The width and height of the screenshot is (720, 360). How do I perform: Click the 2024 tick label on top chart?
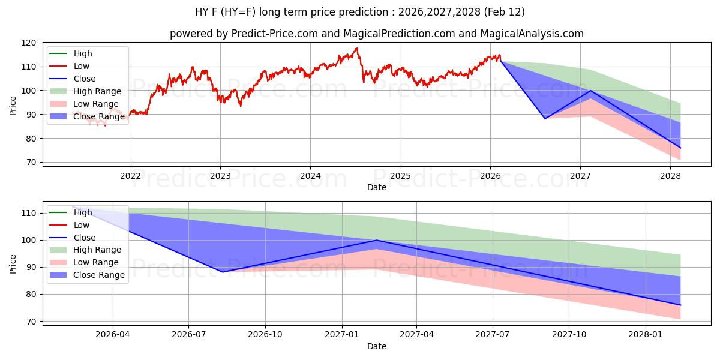(310, 176)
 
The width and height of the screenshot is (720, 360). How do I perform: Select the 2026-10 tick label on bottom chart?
(265, 335)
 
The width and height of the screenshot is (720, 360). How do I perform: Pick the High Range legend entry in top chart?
(97, 91)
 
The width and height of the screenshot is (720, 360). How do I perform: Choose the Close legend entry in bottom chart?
(85, 238)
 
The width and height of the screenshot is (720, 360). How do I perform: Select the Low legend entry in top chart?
(82, 66)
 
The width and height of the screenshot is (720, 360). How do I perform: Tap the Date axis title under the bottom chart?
(377, 346)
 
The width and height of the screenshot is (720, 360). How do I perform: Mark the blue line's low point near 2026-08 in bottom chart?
(223, 272)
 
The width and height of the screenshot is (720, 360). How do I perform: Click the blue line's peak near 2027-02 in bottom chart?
(376, 240)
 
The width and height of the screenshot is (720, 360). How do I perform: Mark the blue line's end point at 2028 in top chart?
(680, 148)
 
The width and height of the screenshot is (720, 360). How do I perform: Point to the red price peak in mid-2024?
(357, 48)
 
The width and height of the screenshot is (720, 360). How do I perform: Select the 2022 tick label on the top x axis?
(130, 176)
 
